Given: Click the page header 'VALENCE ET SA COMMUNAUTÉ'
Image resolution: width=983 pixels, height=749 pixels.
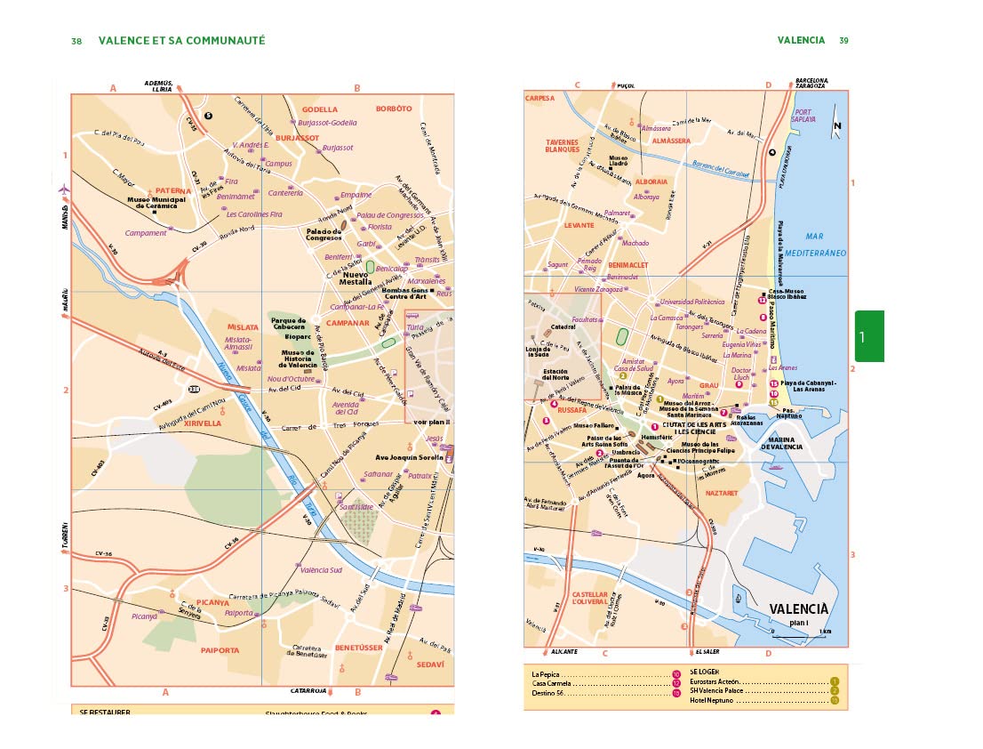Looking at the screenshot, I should click(181, 40).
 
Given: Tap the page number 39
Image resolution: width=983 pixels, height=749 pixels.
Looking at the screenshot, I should click(843, 40).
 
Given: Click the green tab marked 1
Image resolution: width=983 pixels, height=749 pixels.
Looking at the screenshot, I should click(869, 336).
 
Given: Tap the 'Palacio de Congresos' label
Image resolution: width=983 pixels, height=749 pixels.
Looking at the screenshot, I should click(324, 234).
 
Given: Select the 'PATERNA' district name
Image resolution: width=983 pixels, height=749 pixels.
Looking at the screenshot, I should click(173, 190).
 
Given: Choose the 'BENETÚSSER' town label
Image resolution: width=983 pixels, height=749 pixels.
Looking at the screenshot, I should click(358, 648).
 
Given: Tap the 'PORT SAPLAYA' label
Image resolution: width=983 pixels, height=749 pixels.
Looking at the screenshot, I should click(803, 116).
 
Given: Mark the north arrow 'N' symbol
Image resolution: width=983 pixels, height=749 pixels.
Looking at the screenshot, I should click(837, 127).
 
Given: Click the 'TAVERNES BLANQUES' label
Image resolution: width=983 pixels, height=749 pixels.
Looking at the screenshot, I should click(562, 146).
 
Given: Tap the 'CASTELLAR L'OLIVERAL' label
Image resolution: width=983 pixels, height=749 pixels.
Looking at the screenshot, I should click(589, 597).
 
